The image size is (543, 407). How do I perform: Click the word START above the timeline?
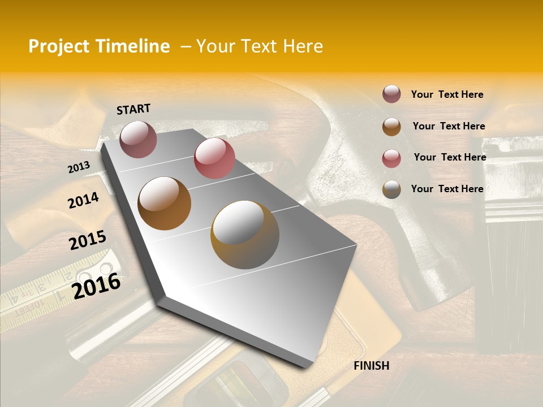click(133, 109)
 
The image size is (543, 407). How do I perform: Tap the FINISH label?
click(372, 366)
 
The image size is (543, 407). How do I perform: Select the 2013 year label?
click(79, 167)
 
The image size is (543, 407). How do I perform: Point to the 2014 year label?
click(83, 201)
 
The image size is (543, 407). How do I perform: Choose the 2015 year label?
click(88, 240)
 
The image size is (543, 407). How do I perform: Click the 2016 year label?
click(96, 286)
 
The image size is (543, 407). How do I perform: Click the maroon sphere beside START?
click(138, 139)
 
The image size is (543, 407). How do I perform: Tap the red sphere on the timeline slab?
click(214, 158)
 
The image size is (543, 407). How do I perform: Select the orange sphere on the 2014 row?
click(164, 203)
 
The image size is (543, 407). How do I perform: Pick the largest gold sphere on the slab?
click(245, 235)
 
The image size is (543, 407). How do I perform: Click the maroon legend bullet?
click(391, 94)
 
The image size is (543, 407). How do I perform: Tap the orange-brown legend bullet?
click(391, 127)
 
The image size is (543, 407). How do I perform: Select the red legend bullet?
click(391, 158)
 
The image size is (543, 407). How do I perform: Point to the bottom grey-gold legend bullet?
click(391, 189)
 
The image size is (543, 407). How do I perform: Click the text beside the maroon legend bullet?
click(447, 94)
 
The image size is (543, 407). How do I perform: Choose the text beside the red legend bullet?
click(450, 157)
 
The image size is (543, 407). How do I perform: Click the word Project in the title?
click(59, 46)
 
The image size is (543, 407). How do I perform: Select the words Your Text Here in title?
click(260, 46)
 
